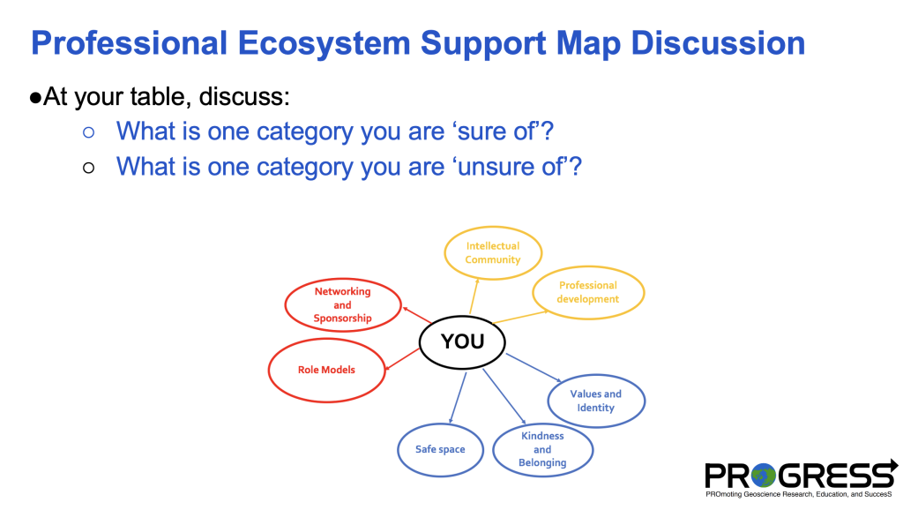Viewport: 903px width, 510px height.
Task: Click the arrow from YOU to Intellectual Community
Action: [474, 296]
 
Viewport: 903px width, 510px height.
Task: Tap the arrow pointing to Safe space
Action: [458, 398]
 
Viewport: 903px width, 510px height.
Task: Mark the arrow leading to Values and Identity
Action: [534, 367]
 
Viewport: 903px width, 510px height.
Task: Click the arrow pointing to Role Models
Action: [402, 359]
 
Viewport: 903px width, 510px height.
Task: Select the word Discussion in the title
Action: [718, 43]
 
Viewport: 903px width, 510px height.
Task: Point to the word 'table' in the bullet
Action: [160, 96]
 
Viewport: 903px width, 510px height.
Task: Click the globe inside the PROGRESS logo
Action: [764, 476]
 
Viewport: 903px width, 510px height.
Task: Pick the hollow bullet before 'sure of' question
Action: [88, 132]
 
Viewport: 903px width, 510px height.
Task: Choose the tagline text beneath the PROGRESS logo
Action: [799, 494]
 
